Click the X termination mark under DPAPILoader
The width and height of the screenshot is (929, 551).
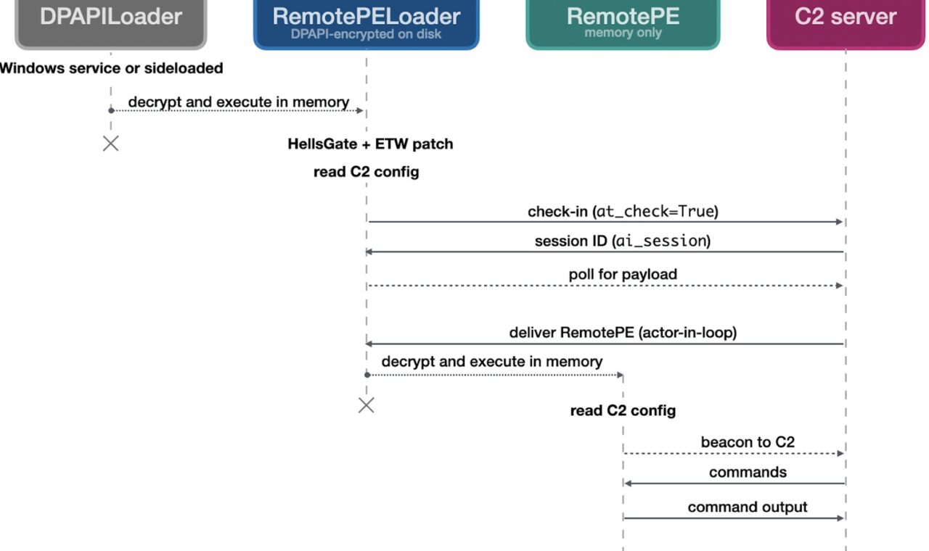click(x=111, y=144)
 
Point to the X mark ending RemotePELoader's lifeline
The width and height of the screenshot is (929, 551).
click(x=367, y=405)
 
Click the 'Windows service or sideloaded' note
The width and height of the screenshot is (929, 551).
click(x=111, y=68)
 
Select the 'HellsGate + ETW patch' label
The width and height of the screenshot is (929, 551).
click(x=370, y=144)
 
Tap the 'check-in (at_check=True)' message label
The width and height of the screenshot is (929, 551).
click(x=623, y=212)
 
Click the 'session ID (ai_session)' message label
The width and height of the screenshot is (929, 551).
click(x=623, y=241)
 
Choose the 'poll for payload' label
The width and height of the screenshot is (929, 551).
click(x=623, y=274)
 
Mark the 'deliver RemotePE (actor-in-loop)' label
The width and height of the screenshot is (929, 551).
click(x=623, y=333)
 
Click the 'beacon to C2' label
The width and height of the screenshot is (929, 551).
click(x=748, y=442)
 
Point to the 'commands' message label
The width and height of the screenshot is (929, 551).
click(x=748, y=472)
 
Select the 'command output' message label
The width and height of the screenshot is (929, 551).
click(x=748, y=507)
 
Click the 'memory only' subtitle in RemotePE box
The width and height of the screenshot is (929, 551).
click(x=623, y=33)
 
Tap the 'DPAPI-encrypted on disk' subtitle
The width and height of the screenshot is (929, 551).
click(x=366, y=34)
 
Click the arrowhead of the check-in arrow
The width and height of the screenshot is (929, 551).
click(x=840, y=222)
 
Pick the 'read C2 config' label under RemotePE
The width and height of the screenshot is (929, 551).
click(x=623, y=410)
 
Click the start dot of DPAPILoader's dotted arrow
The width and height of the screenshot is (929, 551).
click(x=111, y=111)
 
